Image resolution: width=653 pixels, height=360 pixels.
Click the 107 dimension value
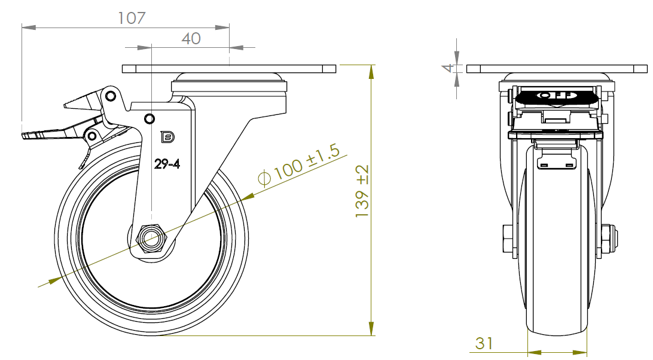point(132,18)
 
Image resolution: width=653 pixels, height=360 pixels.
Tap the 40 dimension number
point(191,39)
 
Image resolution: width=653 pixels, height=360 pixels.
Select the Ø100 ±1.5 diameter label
point(299,165)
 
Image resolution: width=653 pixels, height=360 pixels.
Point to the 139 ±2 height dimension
point(362,191)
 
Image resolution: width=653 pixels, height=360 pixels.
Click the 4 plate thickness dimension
point(448,68)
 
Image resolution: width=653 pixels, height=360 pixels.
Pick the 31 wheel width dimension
point(484,343)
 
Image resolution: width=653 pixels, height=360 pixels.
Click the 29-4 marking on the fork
point(167,164)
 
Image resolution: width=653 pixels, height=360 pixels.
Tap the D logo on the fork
point(167,137)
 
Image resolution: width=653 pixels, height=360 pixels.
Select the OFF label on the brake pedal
point(556,96)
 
